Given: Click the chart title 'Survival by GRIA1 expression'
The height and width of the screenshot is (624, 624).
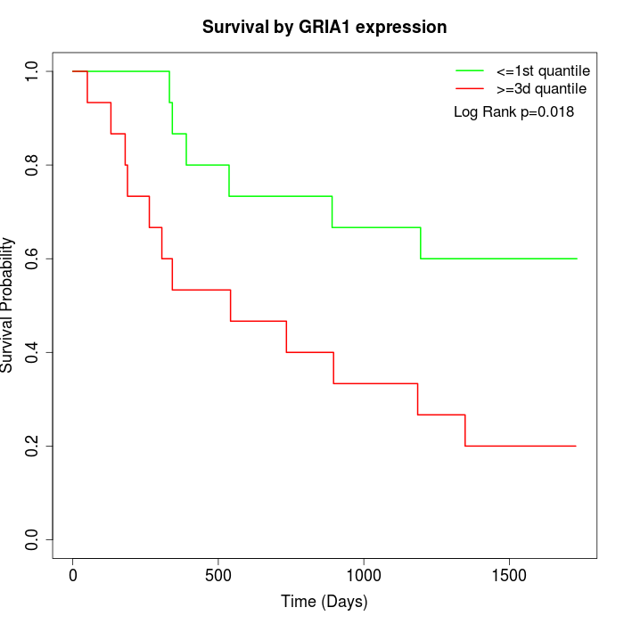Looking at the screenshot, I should coord(324,28).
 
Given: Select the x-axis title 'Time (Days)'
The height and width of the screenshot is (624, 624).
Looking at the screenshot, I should coord(324,602).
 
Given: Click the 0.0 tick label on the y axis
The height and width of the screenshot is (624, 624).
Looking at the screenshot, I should coord(33,539).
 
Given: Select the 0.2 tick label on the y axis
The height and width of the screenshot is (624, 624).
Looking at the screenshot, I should coord(33,446).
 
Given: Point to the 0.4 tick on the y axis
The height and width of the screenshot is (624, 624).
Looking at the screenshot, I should coord(33,352).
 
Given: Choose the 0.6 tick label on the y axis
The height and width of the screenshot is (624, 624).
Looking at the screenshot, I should coord(33,259).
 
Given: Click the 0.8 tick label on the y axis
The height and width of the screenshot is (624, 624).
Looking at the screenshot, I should coord(33,165).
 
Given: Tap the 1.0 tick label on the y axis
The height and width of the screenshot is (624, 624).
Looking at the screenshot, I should coord(33,71).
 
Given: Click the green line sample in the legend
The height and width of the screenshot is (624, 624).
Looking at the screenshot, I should coord(470,70).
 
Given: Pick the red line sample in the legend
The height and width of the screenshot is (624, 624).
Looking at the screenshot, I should coord(470,88).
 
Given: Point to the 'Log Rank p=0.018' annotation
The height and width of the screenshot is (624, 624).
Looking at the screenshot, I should coord(513,112).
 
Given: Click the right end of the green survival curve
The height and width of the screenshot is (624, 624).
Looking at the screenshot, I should coord(577,259).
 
